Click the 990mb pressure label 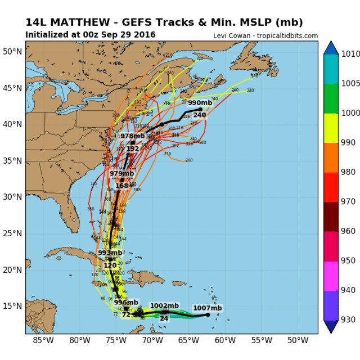tap(199, 103)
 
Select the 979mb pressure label tap(121, 174)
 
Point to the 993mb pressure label tap(110, 253)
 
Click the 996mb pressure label tap(125, 302)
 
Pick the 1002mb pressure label tap(164, 305)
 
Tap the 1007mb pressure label tap(208, 308)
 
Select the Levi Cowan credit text tap(265, 36)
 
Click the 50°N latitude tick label tap(13, 51)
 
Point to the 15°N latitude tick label tap(13, 306)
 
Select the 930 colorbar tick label tap(348, 319)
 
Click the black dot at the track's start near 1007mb tap(208, 314)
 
